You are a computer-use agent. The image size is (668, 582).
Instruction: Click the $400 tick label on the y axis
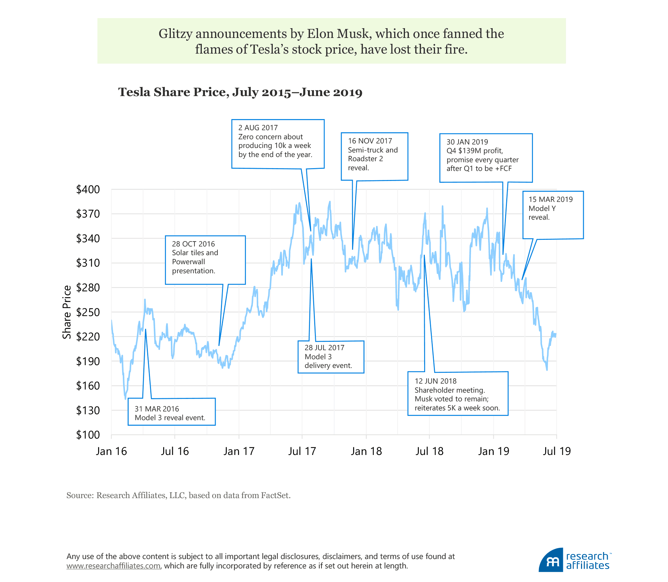click(88, 190)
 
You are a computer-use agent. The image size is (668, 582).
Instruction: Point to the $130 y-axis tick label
click(88, 410)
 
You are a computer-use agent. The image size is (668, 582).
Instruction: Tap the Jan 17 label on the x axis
click(239, 451)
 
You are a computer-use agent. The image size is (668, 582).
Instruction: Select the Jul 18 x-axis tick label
click(429, 451)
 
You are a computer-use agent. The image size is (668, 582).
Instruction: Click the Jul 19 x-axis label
click(557, 451)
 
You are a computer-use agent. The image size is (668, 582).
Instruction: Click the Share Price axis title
click(67, 312)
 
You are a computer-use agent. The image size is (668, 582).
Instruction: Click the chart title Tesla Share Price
click(240, 92)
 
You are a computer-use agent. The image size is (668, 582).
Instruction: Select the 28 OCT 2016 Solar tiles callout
click(205, 260)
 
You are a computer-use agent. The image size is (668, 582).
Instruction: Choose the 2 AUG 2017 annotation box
click(278, 144)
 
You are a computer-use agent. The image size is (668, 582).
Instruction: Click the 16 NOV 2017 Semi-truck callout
click(374, 156)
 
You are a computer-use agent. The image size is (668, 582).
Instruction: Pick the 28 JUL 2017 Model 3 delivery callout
click(331, 357)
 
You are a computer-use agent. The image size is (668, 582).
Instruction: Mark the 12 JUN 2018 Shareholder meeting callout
click(458, 394)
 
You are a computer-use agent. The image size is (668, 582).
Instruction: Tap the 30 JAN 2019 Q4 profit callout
click(486, 158)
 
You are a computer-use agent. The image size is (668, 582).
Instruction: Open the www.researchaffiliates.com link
click(113, 566)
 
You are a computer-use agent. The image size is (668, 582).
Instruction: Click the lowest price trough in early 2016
click(125, 399)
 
